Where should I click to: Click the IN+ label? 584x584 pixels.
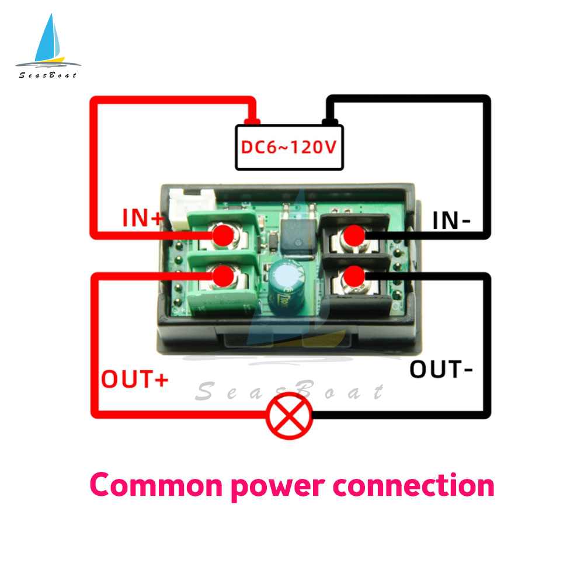143,218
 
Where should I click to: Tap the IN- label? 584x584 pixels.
451,221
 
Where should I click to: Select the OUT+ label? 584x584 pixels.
134,379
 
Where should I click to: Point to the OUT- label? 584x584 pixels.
441,370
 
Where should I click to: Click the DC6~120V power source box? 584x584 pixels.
290,148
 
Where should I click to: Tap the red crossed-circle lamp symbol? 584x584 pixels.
290,416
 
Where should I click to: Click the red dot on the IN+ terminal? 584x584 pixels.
223,235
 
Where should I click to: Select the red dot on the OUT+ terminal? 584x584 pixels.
223,276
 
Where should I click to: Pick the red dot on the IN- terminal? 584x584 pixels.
354,235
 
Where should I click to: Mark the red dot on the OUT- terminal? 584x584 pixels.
354,276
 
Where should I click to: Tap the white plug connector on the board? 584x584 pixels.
192,207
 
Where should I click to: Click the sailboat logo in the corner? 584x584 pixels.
48,46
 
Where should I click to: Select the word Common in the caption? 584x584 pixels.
157,485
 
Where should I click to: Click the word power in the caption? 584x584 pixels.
278,488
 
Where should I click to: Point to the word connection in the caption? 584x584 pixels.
413,485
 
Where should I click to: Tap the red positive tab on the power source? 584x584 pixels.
252,121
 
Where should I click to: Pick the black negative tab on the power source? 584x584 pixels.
330,121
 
